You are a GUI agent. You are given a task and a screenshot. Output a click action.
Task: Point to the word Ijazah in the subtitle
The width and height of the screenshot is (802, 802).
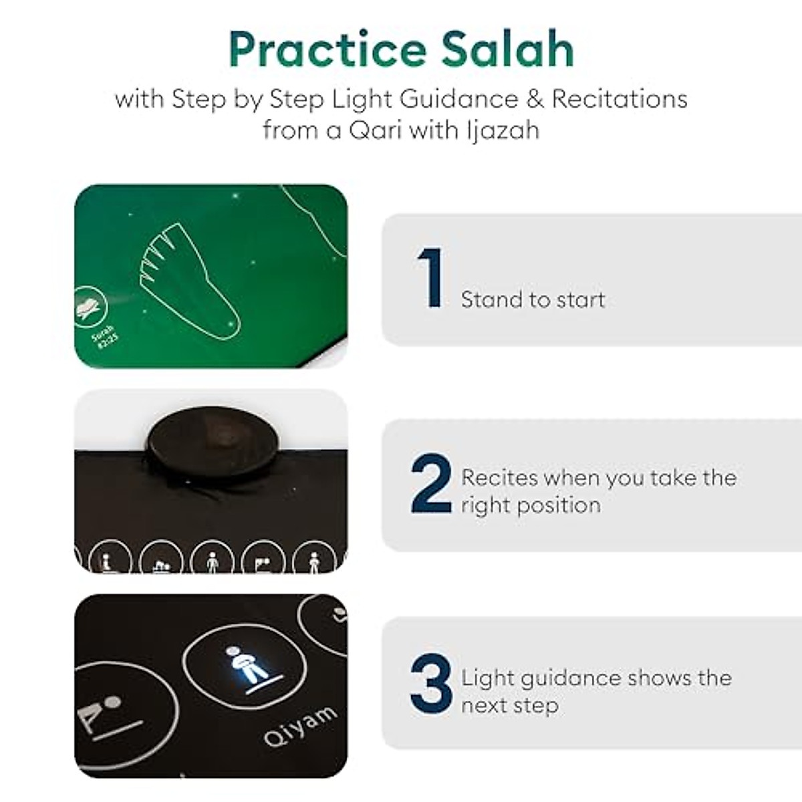tap(503, 130)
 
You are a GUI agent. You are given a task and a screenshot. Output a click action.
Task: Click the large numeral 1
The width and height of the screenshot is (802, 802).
tap(431, 278)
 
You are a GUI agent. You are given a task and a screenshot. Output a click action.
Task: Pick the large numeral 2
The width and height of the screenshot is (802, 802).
tap(431, 483)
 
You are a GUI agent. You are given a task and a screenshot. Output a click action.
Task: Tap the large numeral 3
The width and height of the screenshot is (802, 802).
tap(431, 684)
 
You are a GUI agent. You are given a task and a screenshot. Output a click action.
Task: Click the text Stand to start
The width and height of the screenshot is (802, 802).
tap(533, 299)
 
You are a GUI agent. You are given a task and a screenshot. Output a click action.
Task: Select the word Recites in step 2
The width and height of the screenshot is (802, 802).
tap(499, 477)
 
